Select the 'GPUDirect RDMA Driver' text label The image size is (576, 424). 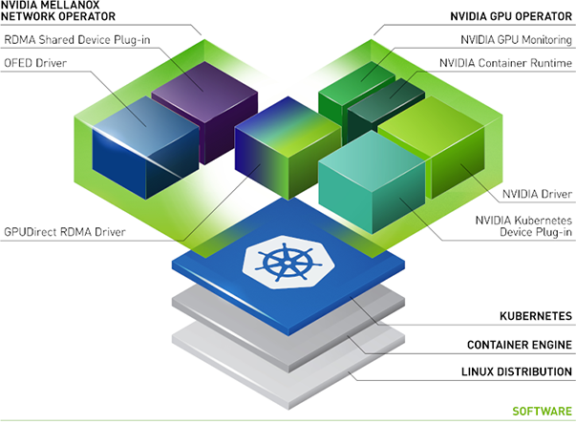(63, 231)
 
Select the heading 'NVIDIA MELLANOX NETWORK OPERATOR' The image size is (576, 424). (59, 11)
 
